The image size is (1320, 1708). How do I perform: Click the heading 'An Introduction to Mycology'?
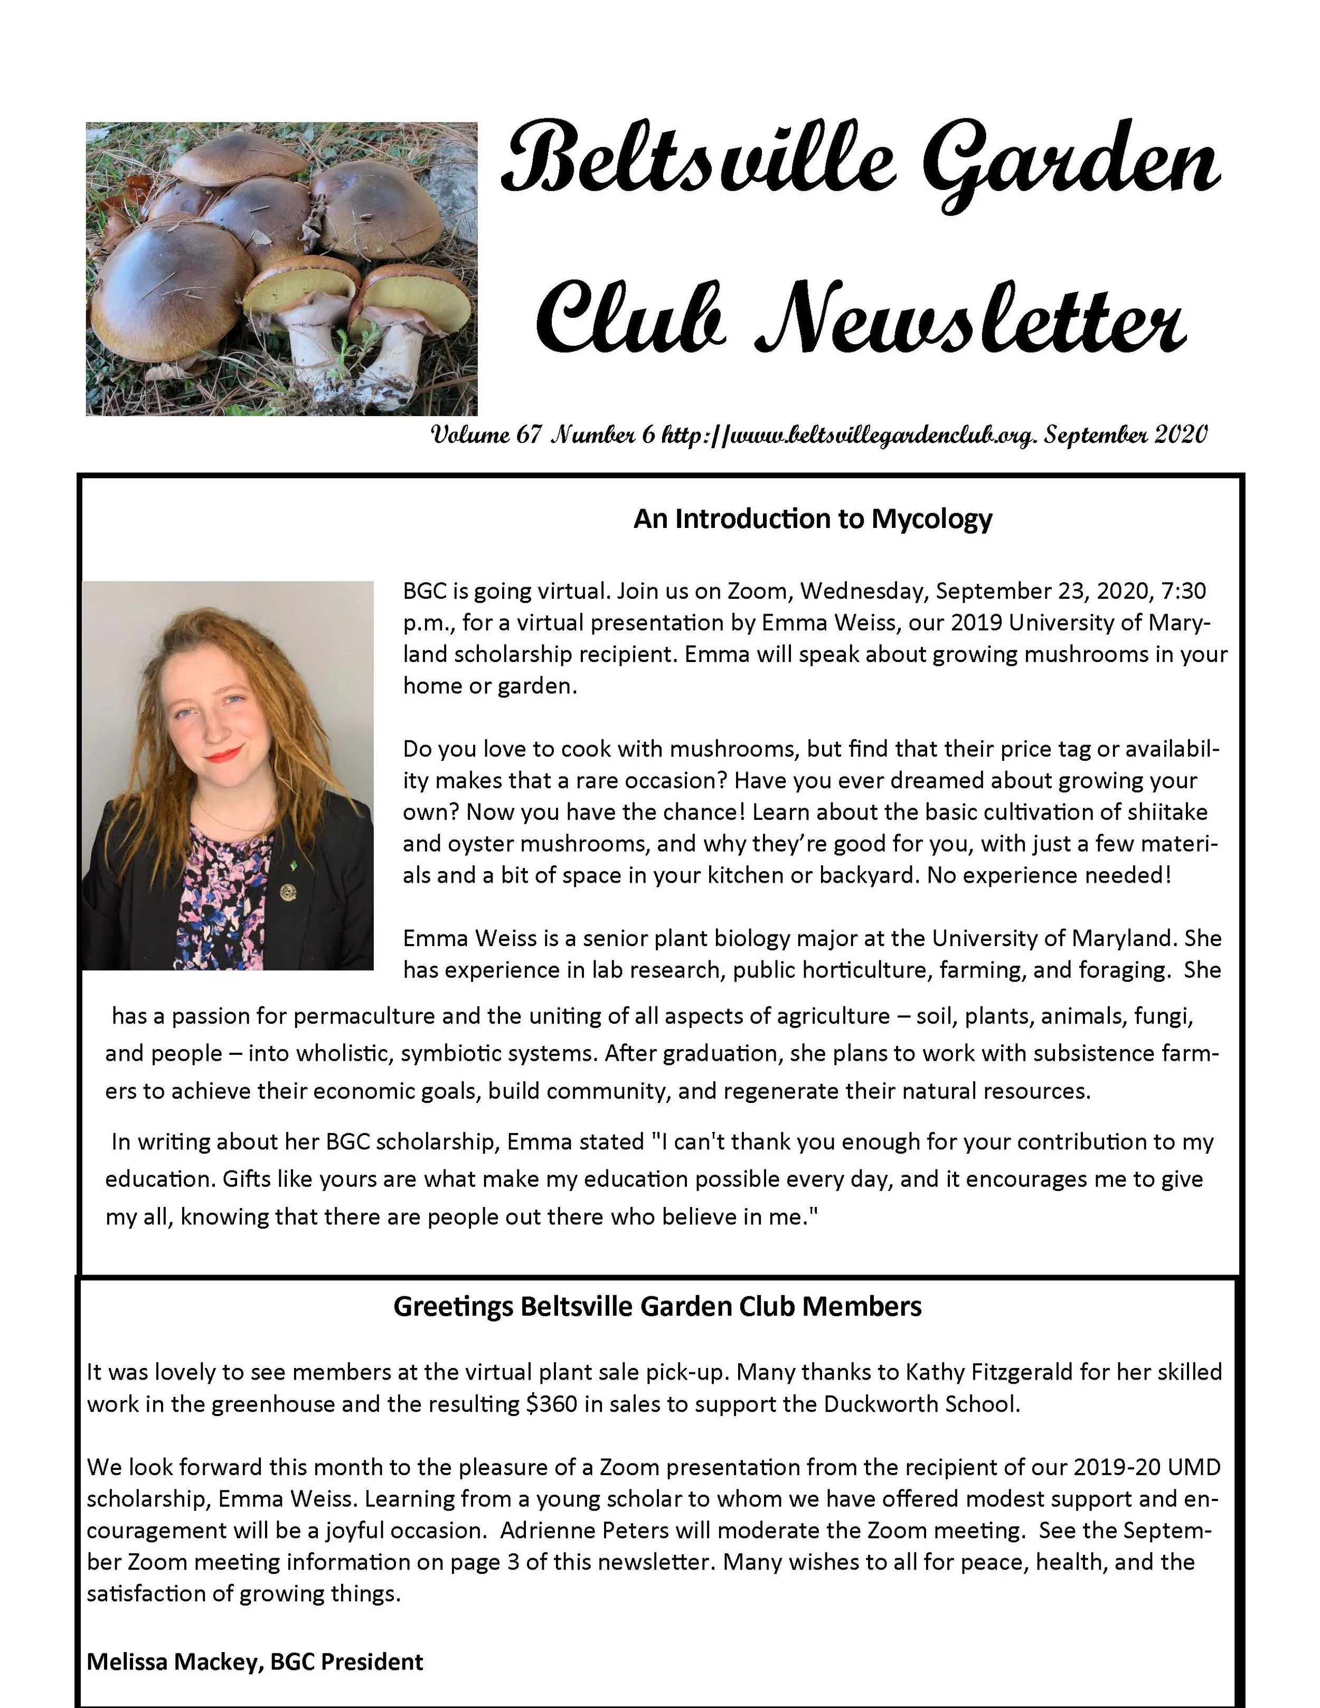coord(813,520)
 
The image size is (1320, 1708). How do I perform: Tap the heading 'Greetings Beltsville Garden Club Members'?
coord(657,1307)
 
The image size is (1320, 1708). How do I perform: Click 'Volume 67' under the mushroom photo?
coord(486,436)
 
